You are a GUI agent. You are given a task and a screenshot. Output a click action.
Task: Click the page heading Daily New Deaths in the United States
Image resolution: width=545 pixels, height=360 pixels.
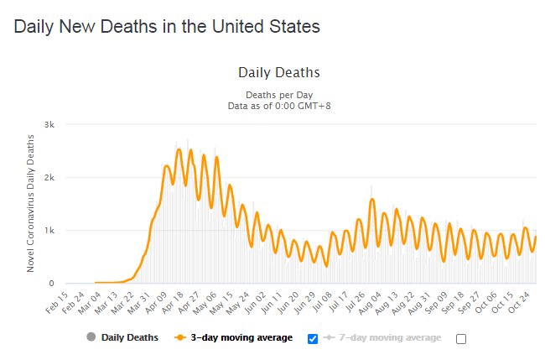[167, 26]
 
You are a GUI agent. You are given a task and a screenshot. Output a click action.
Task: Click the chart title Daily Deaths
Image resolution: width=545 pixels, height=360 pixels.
[279, 73]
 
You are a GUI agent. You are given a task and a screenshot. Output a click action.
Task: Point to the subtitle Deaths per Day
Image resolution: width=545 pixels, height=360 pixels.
[279, 95]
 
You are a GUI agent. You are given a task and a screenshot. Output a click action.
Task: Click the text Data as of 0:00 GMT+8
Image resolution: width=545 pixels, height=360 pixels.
[279, 106]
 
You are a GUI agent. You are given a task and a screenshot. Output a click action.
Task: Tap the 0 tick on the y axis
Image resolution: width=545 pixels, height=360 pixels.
[51, 284]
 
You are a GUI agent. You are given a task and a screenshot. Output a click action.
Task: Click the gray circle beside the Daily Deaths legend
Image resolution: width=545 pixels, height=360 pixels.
[91, 337]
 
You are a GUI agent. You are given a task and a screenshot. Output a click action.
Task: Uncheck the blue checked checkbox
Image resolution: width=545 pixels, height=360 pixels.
[313, 338]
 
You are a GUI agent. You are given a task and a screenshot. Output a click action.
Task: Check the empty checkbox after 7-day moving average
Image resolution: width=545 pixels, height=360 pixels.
[460, 338]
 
